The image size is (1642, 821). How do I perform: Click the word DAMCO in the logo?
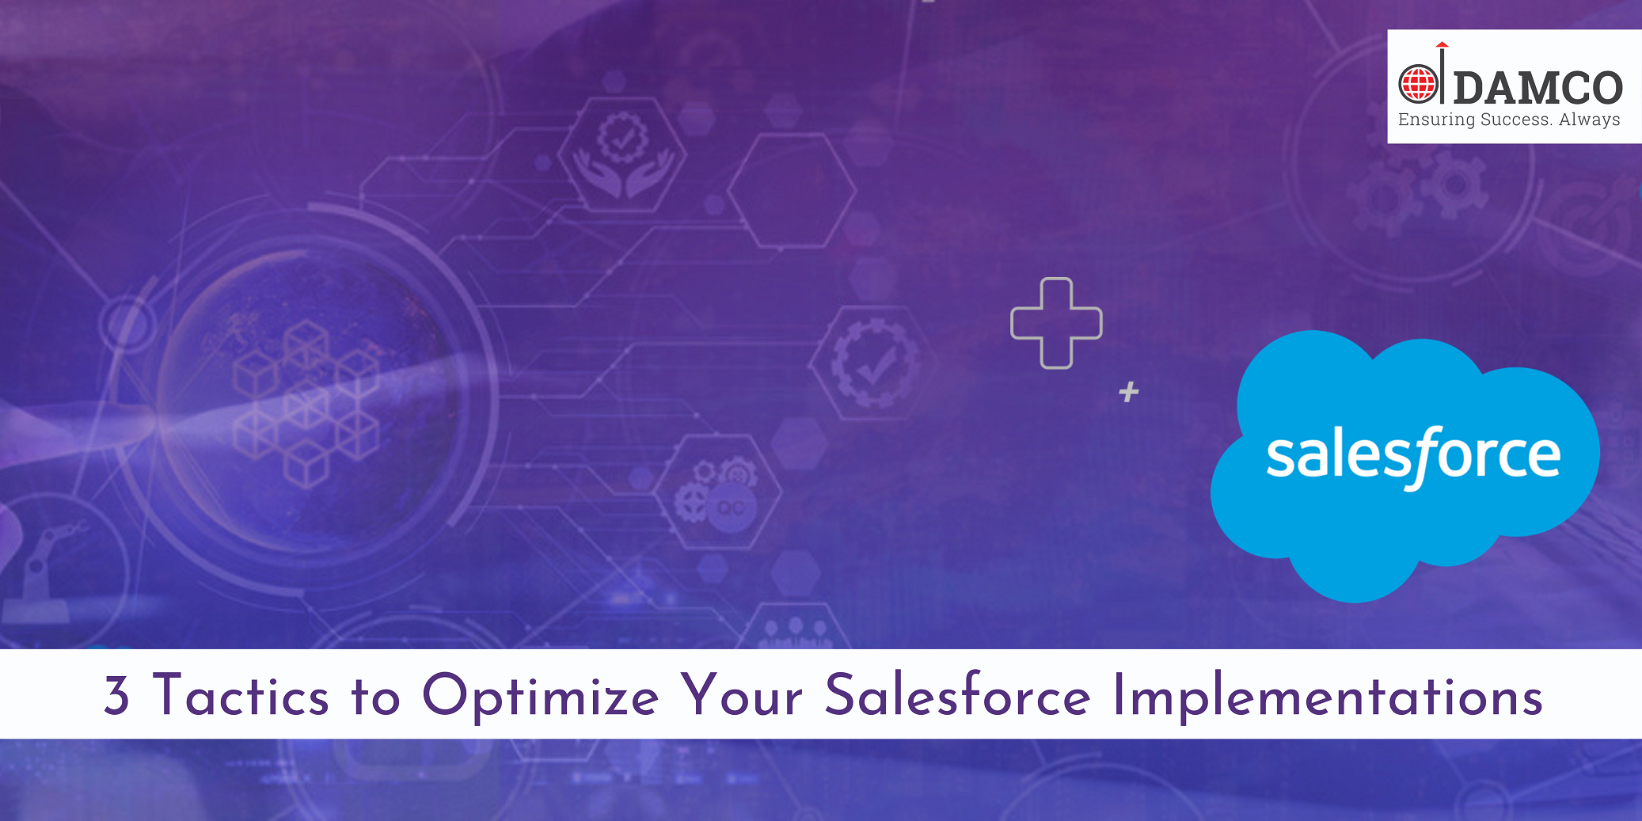(x=1538, y=87)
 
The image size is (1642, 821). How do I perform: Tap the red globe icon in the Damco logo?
(x=1418, y=84)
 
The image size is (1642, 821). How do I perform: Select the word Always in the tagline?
(x=1590, y=120)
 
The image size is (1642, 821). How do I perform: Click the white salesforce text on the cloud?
(x=1413, y=457)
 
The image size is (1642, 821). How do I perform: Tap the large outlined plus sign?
(x=1056, y=323)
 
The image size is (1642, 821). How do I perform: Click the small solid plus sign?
(x=1129, y=392)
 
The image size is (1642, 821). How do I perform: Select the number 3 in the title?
(x=116, y=695)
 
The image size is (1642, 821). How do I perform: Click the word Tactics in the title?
(x=241, y=694)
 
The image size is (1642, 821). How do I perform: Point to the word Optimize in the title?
(x=541, y=696)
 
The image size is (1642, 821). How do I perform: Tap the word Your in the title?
(x=743, y=695)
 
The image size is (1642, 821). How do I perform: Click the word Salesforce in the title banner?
(x=958, y=694)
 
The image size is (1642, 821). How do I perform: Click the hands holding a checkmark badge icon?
(x=623, y=154)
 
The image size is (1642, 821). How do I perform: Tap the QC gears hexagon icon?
(x=717, y=492)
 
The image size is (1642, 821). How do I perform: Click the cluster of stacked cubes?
(x=306, y=403)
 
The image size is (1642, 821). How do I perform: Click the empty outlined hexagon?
(x=792, y=191)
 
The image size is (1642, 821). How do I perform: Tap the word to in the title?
(x=376, y=697)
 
